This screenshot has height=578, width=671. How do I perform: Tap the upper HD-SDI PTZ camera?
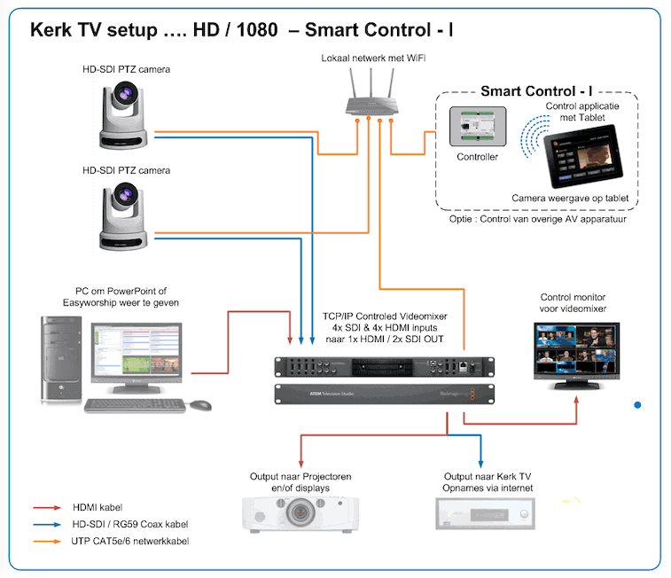(124, 115)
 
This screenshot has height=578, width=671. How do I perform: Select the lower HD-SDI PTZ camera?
(124, 216)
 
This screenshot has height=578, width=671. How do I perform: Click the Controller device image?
(478, 127)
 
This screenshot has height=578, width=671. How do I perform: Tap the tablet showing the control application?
(583, 156)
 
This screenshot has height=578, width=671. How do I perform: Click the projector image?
(300, 514)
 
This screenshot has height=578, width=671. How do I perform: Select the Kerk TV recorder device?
(485, 514)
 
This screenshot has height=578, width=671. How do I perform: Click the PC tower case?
(61, 359)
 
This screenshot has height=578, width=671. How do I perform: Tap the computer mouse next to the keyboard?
(200, 405)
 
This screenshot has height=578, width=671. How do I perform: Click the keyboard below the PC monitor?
(135, 405)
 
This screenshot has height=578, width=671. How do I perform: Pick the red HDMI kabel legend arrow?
(47, 508)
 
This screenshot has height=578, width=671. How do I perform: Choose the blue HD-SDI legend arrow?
(47, 525)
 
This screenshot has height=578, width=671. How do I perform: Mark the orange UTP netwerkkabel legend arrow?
(47, 542)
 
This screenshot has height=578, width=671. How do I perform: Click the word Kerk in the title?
(51, 30)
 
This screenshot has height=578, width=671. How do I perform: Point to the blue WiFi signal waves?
(534, 137)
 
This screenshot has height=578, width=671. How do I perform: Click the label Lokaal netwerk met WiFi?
(373, 59)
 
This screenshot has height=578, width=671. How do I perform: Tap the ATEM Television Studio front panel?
(385, 394)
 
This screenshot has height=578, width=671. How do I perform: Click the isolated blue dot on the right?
(637, 405)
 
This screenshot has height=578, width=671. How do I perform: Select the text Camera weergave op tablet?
(570, 199)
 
